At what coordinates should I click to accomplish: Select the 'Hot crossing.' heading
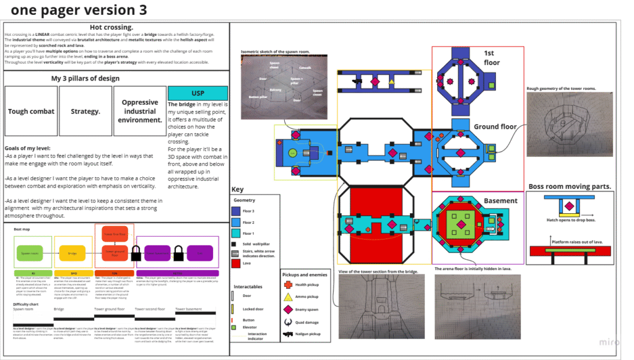coord(111,27)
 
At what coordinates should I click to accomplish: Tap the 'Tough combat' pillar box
coord(31,112)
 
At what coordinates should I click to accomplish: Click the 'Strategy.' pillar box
coord(85,112)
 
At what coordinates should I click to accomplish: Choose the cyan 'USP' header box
coord(198,94)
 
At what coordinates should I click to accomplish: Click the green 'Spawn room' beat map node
coord(30,253)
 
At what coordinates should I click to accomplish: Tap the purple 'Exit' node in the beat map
coord(199,253)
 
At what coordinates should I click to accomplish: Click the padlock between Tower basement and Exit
coord(178,253)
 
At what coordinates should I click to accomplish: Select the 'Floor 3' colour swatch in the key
coord(237,211)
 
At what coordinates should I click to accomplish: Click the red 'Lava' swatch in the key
coord(237,263)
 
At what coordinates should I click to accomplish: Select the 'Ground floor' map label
coord(495,127)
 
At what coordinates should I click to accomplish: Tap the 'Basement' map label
coord(500,201)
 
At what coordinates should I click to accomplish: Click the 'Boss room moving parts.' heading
coord(570,187)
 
